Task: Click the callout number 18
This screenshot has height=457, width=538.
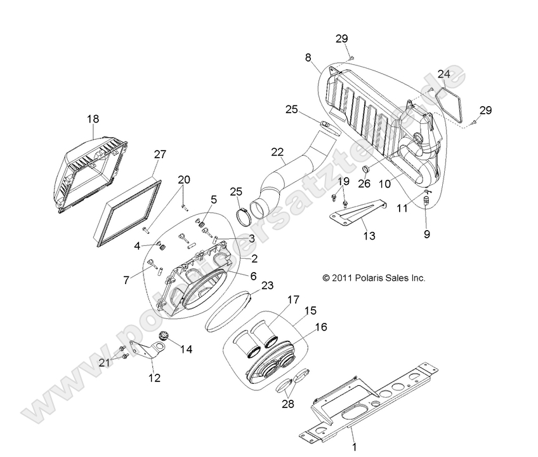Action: point(93,119)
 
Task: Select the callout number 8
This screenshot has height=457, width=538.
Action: point(308,57)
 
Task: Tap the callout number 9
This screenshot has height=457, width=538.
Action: point(427,234)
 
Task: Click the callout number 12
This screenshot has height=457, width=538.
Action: point(154,378)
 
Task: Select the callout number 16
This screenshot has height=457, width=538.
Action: point(320,327)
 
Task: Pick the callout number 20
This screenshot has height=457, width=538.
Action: point(183,180)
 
